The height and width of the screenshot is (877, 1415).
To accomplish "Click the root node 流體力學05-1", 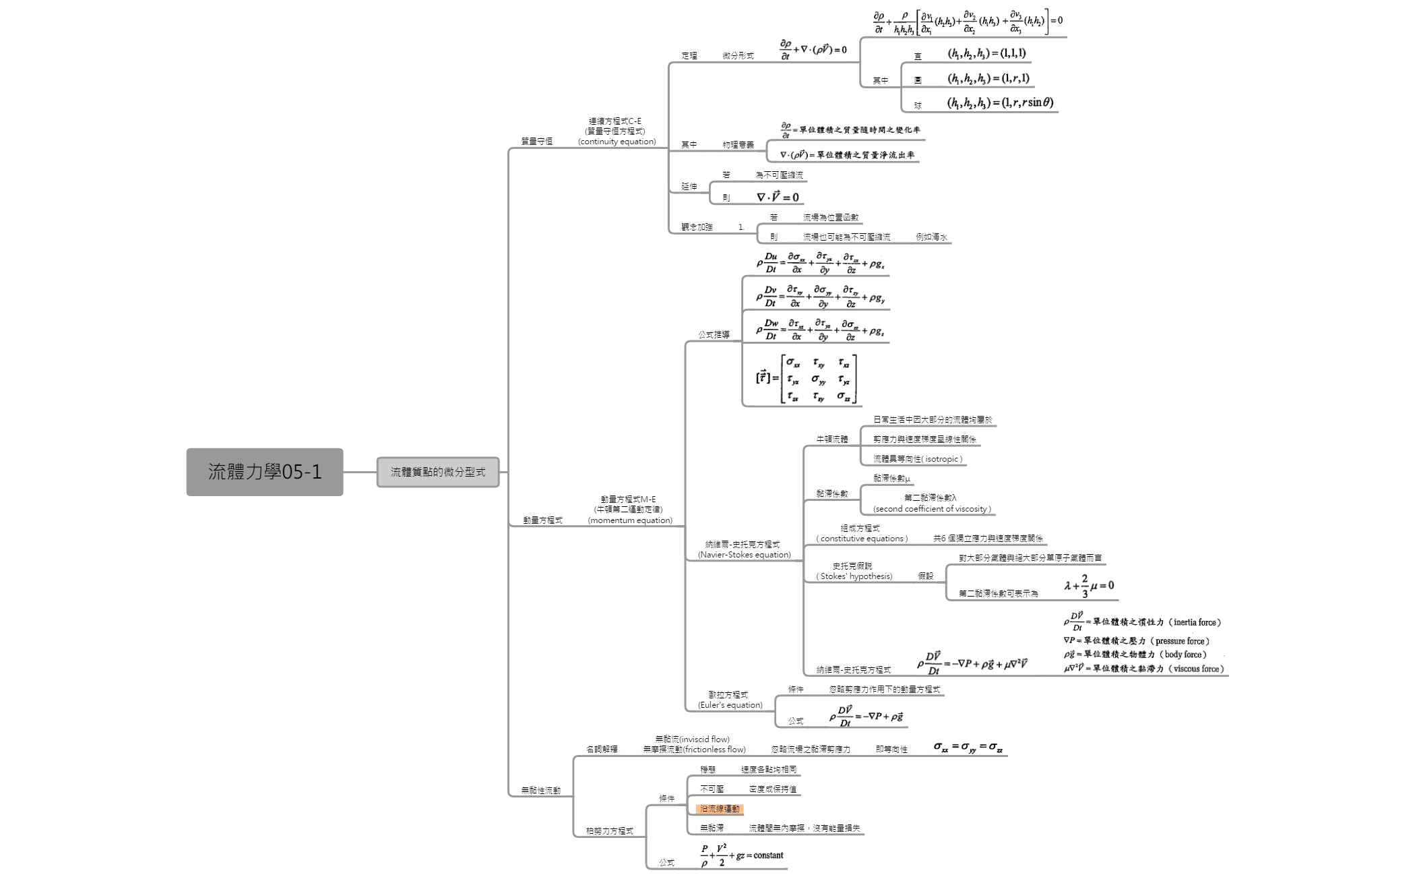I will [265, 472].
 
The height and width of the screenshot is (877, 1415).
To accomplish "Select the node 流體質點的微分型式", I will [438, 472].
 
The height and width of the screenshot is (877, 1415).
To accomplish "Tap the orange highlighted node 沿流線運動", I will [720, 809].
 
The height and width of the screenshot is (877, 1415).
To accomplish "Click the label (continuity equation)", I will [617, 142].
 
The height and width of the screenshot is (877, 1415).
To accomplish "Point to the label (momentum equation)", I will [630, 520].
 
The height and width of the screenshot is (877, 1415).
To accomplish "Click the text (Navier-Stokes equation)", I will [744, 555].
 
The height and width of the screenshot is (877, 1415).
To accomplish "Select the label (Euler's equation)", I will [730, 705].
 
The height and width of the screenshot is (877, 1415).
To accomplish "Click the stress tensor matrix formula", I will [806, 379].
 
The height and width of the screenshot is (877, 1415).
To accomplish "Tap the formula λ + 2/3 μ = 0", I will [1089, 586].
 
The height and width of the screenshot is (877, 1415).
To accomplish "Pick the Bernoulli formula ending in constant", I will [742, 855].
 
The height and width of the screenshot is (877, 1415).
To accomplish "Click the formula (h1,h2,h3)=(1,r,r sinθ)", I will [1000, 102].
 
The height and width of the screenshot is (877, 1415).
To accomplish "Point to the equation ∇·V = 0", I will [778, 198].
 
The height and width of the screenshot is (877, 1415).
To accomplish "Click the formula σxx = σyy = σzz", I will [968, 746].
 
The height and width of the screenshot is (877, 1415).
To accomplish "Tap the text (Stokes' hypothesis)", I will [854, 576].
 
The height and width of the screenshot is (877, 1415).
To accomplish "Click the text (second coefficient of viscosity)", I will [932, 509].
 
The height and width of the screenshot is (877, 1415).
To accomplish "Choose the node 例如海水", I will [931, 237].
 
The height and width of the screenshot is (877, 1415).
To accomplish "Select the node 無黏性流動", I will [540, 790].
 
